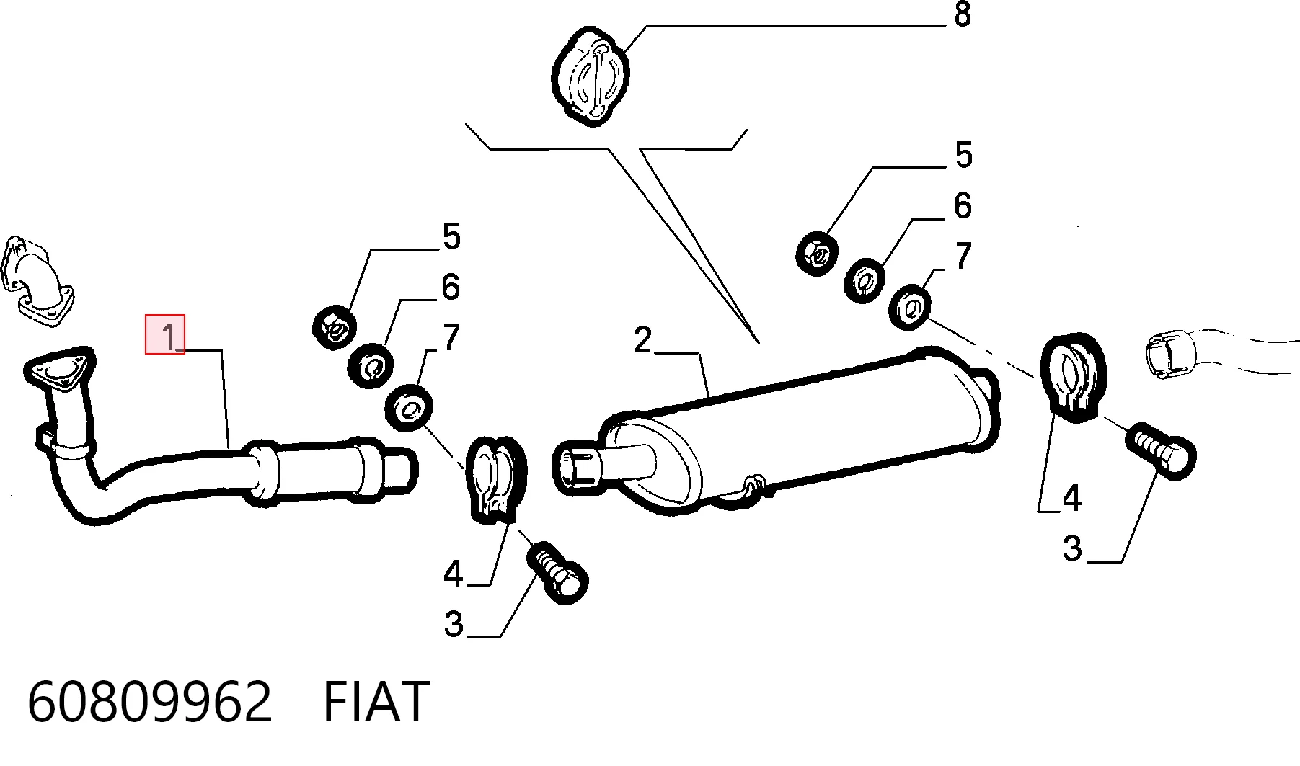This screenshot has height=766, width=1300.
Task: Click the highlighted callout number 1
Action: [165, 335]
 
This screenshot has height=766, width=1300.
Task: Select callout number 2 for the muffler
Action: [642, 339]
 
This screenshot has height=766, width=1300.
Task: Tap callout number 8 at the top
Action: [962, 14]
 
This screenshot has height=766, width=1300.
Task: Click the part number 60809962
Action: [149, 702]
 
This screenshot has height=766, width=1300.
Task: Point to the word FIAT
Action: [376, 702]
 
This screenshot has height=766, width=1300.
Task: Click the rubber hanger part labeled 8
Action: [591, 76]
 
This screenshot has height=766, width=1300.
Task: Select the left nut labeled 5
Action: [335, 328]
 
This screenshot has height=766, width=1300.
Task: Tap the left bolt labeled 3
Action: [559, 573]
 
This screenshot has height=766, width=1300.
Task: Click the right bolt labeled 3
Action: [1161, 451]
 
